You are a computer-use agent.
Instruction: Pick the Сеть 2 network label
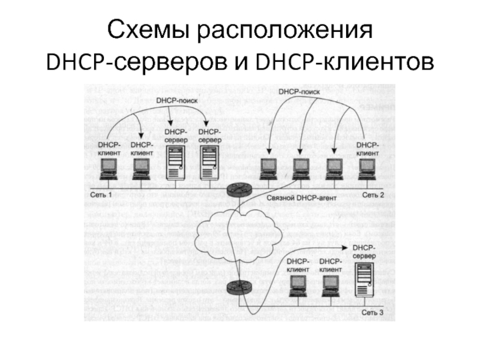pos(373,196)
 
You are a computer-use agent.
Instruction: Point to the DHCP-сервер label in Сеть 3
pos(364,252)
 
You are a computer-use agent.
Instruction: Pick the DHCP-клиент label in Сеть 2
pos(367,149)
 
